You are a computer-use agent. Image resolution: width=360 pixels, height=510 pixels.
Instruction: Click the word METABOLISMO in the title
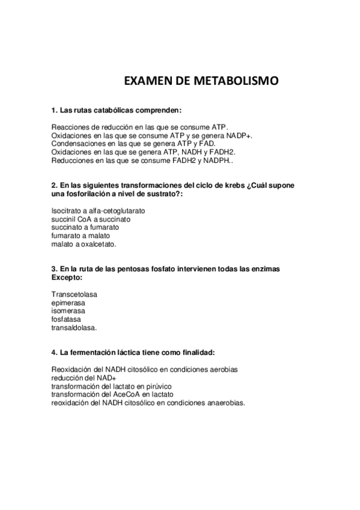(236, 81)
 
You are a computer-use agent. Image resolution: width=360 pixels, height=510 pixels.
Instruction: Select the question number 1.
(54, 111)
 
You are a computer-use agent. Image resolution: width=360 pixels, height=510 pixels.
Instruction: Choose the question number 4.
(54, 351)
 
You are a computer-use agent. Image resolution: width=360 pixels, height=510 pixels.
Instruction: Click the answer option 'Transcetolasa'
(75, 295)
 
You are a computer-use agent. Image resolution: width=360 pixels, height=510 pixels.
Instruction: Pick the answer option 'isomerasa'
(68, 312)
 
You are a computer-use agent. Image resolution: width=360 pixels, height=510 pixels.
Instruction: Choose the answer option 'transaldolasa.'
(74, 328)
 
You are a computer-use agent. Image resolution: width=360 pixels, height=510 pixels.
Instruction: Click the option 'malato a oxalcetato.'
(84, 245)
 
